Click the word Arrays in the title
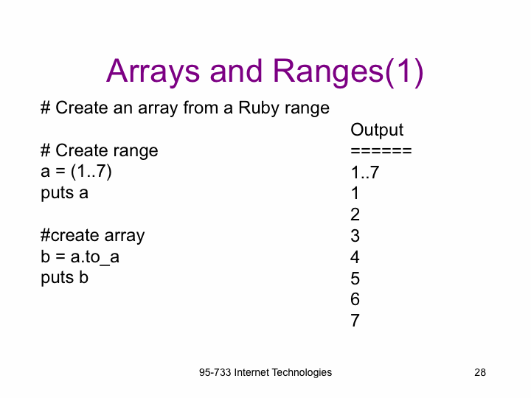point(153,72)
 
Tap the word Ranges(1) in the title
point(348,71)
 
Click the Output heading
point(377,130)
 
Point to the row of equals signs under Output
point(381,150)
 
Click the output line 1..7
point(365,172)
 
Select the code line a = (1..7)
point(76,171)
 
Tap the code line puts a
point(64,193)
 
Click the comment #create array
point(92,236)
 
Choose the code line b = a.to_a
point(80,257)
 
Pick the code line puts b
point(64,278)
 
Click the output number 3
point(355,236)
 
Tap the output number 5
point(355,279)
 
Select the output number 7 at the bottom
point(355,321)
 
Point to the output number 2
point(355,214)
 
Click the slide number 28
point(480,373)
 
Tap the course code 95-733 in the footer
point(215,373)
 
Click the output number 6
point(355,299)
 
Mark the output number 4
point(355,257)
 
